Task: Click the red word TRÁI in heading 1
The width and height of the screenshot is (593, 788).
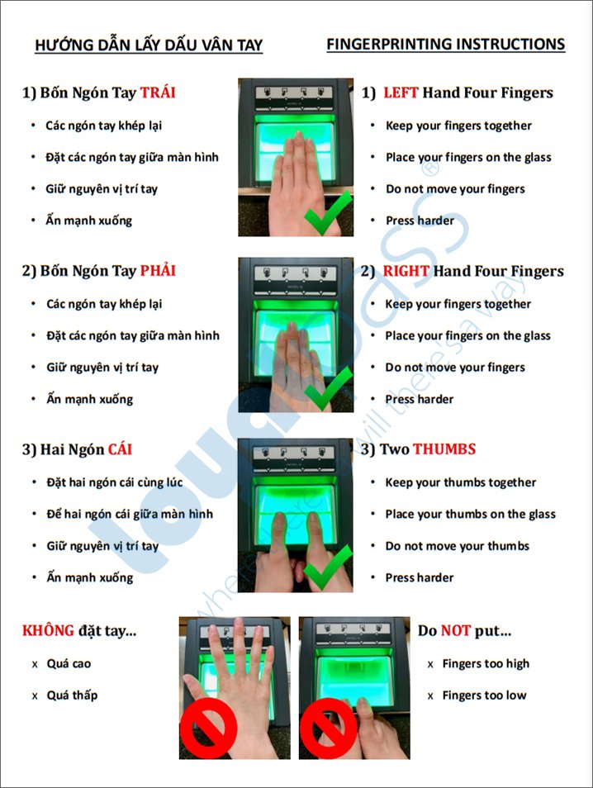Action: click(x=157, y=93)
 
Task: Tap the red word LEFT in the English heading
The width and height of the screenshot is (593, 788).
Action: click(x=401, y=93)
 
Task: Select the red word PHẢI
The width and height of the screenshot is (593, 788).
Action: click(x=158, y=270)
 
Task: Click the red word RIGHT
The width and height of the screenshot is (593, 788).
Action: click(x=406, y=271)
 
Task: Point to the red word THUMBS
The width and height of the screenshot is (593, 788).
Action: click(x=444, y=449)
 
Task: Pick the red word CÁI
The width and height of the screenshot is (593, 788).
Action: click(x=120, y=449)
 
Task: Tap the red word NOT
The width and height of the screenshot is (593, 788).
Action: click(x=456, y=630)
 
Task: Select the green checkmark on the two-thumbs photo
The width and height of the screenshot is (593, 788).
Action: click(x=328, y=568)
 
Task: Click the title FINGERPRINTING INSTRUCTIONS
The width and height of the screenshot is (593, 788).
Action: click(x=446, y=45)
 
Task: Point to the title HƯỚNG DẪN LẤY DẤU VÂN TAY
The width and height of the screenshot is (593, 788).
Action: click(x=149, y=45)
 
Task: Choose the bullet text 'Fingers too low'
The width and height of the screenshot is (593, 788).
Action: click(x=485, y=695)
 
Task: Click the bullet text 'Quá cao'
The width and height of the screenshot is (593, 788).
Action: click(x=69, y=663)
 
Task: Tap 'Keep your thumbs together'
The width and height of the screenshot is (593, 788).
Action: click(x=460, y=482)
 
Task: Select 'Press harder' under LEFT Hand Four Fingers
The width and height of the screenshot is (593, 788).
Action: click(x=420, y=221)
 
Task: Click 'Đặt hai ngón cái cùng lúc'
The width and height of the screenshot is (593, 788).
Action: click(x=115, y=482)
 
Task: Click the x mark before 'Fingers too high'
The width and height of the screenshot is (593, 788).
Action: click(x=430, y=664)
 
